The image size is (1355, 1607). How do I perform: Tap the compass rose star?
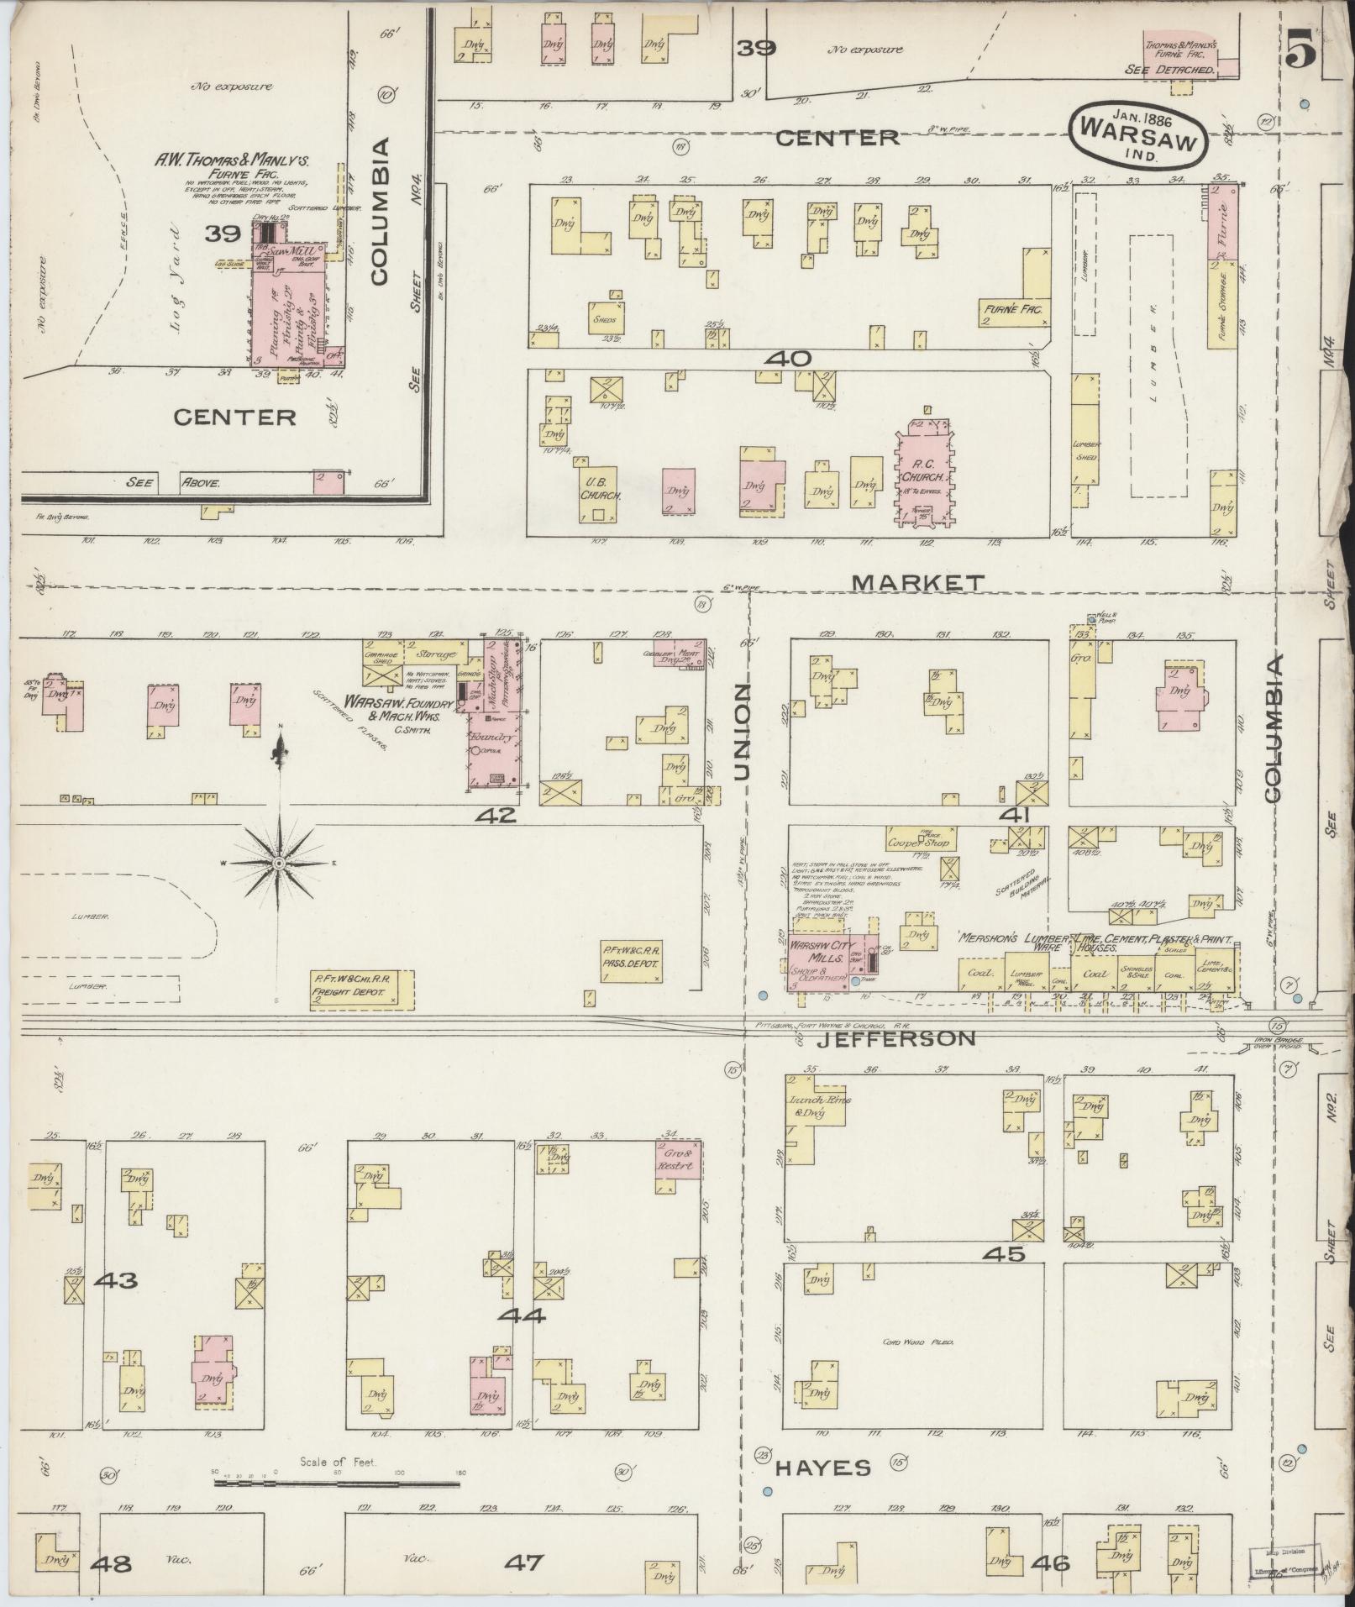point(279,862)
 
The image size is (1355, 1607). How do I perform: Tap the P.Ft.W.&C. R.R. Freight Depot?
point(362,985)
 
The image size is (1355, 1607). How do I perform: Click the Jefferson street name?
point(896,1039)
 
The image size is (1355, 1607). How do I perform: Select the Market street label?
point(917,582)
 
